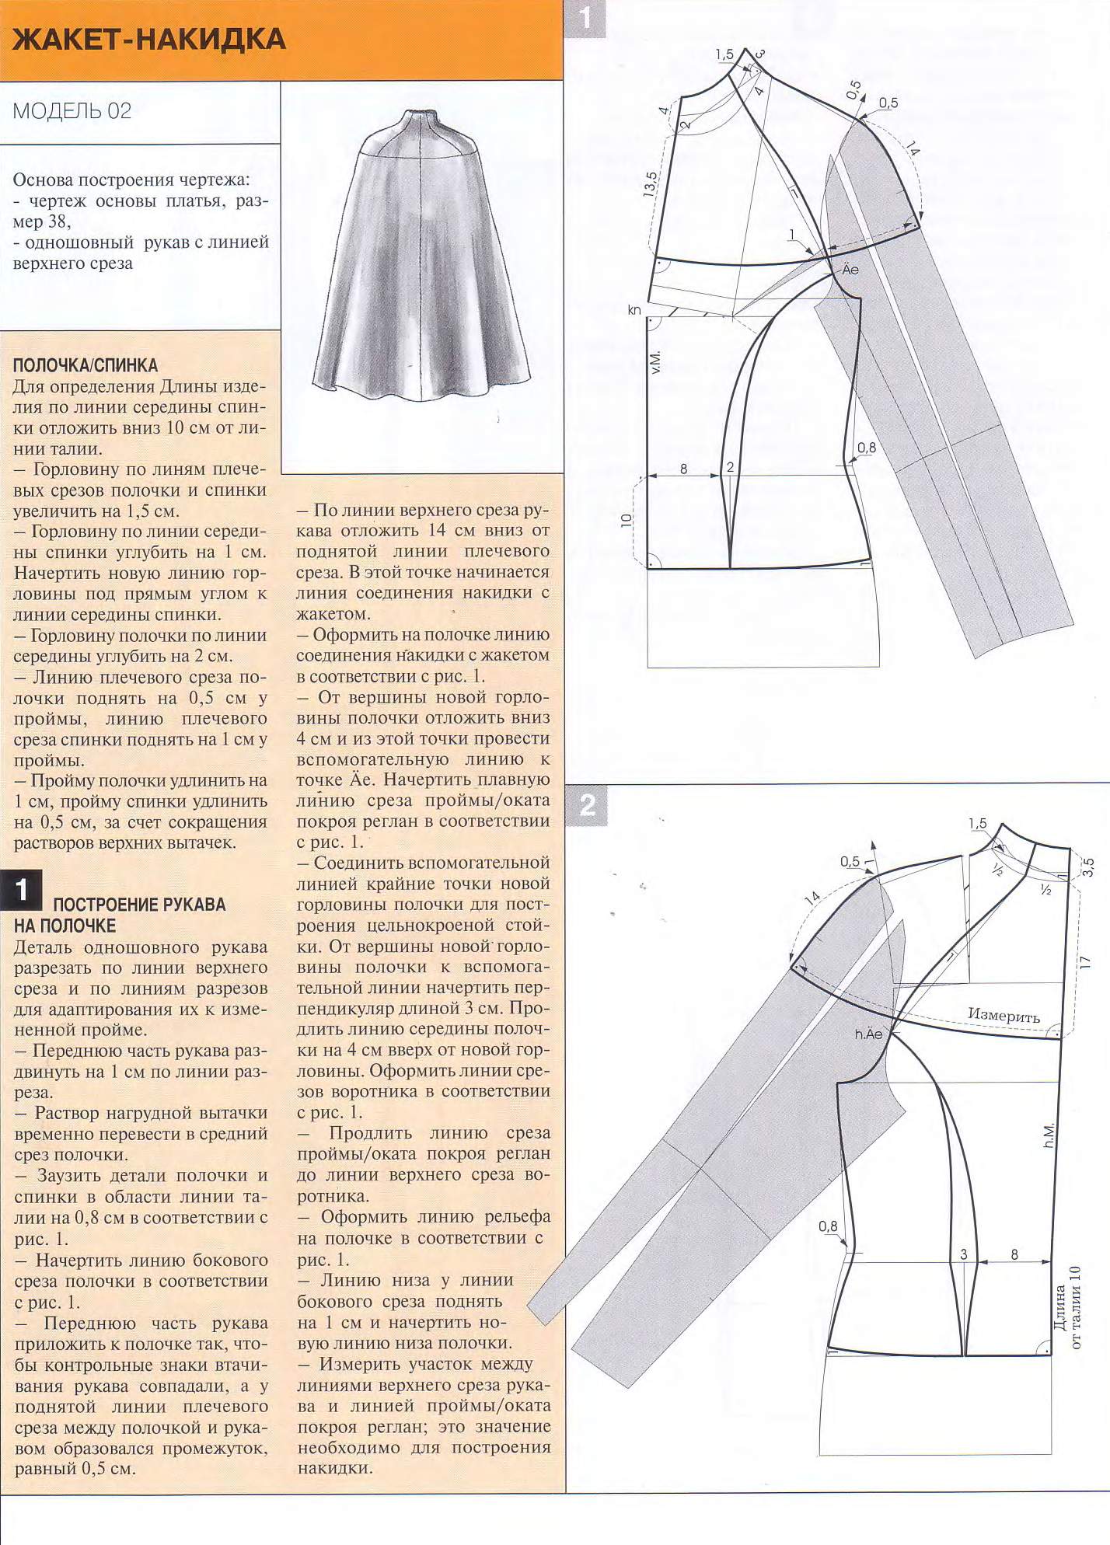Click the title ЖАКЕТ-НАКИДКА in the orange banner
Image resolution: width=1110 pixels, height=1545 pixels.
150,39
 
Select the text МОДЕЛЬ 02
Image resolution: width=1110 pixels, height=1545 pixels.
72,111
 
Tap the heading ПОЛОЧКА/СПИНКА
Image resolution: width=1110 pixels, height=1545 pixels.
86,365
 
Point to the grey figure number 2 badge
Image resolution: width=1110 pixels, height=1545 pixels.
588,804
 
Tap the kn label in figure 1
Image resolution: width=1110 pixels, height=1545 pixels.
634,310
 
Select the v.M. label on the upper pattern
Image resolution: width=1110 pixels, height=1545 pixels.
656,362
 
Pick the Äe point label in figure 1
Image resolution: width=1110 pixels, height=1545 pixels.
850,270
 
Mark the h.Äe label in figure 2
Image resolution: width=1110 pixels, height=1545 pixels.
869,1034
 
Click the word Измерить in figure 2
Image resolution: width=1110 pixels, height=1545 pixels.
1004,1016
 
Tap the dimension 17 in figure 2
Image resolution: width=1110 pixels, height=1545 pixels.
1086,962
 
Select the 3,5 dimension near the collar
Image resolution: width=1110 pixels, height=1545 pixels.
1088,867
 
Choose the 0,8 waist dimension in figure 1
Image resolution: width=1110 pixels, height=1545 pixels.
867,448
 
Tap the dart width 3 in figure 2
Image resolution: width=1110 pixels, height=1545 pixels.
964,1254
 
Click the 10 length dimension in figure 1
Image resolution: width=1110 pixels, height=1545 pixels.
627,520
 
